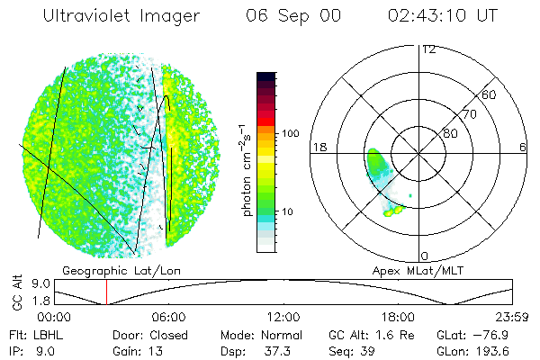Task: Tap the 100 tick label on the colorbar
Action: [289, 133]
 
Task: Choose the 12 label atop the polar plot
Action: [428, 49]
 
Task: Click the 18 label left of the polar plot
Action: [317, 146]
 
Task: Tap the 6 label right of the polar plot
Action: [523, 146]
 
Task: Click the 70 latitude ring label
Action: [468, 114]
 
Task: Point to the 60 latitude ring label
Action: [489, 94]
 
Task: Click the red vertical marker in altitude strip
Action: [106, 292]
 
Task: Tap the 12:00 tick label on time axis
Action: [283, 317]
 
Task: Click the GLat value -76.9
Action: [503, 332]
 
